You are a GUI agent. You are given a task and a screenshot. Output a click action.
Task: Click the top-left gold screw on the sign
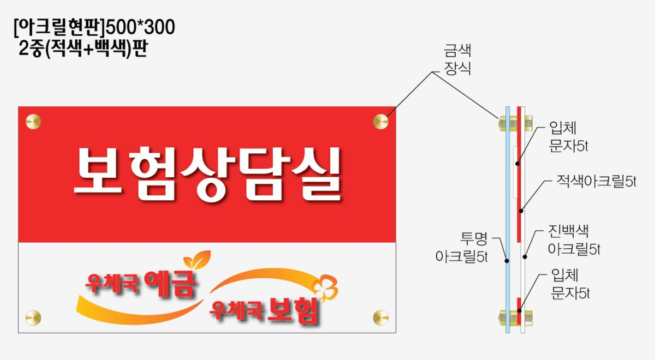[x=33, y=122]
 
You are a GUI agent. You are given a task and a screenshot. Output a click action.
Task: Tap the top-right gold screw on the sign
[x=381, y=121]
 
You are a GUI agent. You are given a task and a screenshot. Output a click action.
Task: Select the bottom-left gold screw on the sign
[x=33, y=317]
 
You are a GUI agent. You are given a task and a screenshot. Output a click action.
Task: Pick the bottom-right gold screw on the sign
[x=381, y=317]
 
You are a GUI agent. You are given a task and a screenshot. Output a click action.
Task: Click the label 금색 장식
[x=457, y=59]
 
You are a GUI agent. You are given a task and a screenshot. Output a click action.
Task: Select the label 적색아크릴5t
[x=596, y=182]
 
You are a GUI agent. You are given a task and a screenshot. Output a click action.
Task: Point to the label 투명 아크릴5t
[x=461, y=248]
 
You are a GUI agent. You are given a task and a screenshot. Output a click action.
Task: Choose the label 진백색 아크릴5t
[x=574, y=240]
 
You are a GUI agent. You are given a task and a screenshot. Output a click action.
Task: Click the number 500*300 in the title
[x=140, y=27]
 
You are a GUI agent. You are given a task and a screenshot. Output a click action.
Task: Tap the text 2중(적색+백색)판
[x=83, y=49]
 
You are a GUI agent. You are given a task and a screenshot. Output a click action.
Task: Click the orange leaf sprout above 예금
[x=197, y=260]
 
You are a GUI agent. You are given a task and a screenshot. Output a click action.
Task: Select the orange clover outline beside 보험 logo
[x=325, y=288]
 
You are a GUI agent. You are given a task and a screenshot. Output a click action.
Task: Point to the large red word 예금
[x=170, y=283]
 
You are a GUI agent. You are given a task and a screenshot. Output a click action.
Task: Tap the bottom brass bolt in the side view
[x=515, y=317]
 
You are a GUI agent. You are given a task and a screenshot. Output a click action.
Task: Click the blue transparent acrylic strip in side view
[x=508, y=220]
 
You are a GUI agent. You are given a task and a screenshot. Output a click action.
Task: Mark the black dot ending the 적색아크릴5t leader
[x=521, y=211]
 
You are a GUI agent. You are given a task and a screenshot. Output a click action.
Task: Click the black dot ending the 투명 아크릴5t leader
[x=507, y=261]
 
